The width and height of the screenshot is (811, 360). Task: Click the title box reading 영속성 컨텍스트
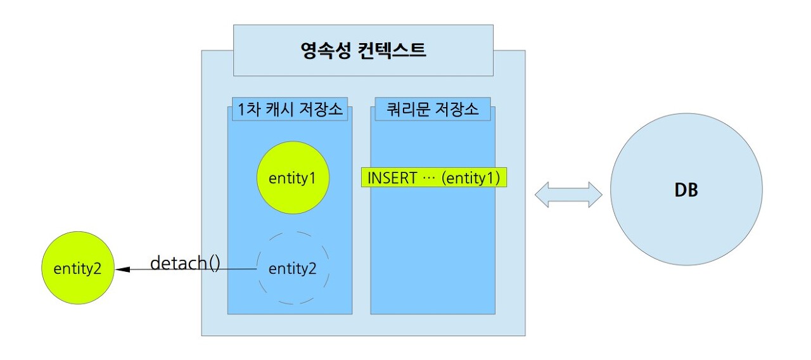(363, 50)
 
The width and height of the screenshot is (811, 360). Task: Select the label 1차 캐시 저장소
(290, 110)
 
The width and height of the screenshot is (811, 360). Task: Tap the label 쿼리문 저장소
(433, 110)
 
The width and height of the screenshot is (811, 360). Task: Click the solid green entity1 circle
(292, 178)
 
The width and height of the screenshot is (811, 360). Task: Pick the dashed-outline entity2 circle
(292, 268)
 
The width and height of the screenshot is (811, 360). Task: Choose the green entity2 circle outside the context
(77, 268)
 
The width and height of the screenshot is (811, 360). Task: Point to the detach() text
(185, 262)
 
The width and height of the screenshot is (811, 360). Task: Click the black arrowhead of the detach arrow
(124, 269)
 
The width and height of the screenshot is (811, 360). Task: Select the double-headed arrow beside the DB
(568, 194)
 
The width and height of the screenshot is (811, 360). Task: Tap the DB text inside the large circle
(686, 190)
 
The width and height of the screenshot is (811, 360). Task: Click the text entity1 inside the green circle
(292, 178)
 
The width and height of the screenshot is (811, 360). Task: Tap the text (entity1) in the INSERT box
(471, 179)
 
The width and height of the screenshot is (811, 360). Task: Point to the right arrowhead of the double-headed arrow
(594, 194)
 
